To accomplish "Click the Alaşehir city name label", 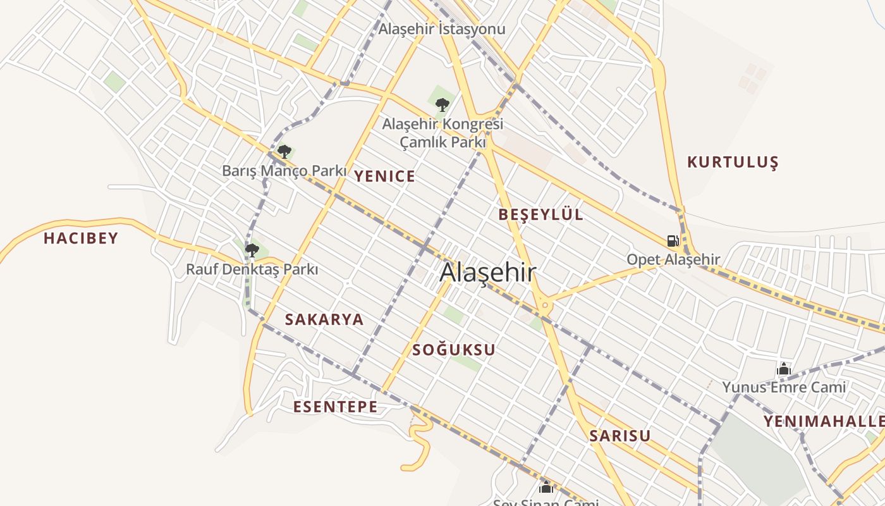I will coord(488,273).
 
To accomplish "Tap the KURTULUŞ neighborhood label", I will coord(733,163).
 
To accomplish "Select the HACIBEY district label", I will coord(81,238).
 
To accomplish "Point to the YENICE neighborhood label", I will coord(384,176).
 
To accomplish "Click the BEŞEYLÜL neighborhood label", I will coord(540,214).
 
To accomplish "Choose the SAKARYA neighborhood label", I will coord(324,319).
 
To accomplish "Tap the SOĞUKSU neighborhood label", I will coord(454,350).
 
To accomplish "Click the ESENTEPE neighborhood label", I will coord(335,407).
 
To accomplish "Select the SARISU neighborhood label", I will coord(620,436).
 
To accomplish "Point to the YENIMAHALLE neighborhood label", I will coord(824,421).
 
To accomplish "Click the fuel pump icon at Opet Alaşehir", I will coord(673,240).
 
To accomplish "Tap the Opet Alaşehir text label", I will coord(673,259).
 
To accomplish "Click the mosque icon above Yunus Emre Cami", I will coord(784,369).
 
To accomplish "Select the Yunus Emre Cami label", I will coord(784,387).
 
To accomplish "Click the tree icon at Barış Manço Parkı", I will coord(284,151).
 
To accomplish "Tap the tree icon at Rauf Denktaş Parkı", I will coord(252,250).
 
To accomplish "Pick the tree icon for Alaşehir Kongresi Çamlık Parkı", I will coord(442,104).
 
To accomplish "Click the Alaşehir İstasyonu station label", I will coord(442,29).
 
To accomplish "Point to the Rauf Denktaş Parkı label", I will coord(252,269).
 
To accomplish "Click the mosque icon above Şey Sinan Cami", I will coord(546,486).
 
